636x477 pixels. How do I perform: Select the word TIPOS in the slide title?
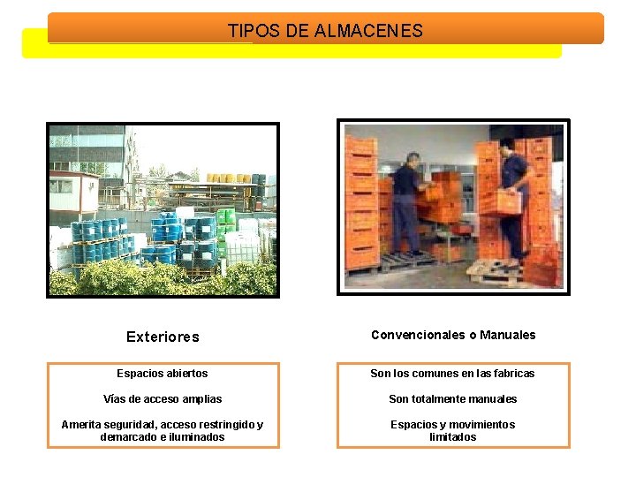(254, 31)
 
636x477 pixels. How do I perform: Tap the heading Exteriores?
(163, 337)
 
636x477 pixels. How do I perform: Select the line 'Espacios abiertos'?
(163, 374)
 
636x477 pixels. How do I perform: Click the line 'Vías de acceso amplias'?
(163, 399)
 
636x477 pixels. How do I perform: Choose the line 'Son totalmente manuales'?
(453, 399)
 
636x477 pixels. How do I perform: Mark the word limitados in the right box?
(453, 437)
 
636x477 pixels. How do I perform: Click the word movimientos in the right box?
(484, 425)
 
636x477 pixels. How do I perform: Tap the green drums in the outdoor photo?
(226, 217)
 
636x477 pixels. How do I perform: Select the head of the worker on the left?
(412, 159)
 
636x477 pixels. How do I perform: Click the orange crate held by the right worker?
(501, 202)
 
